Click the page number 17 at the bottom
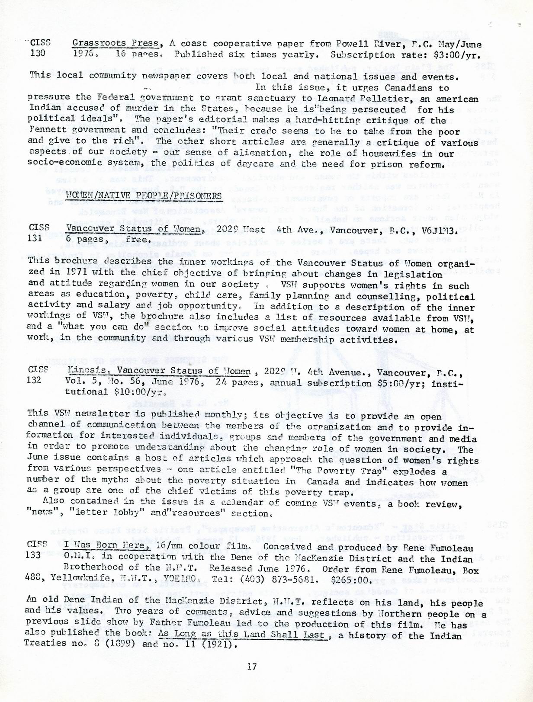coord(252,667)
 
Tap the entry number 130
coord(39,54)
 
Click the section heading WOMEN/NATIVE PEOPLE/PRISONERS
coord(144,196)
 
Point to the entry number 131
coord(36,238)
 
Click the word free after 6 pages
coord(138,239)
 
